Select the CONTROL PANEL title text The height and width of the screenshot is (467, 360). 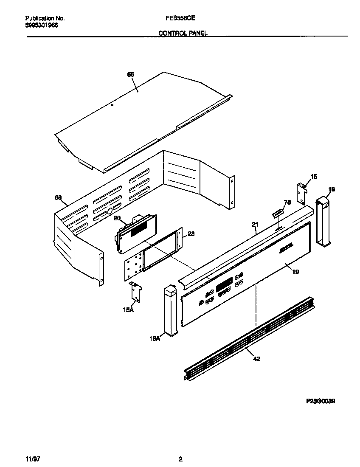183,33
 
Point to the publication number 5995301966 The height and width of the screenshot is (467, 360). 42,25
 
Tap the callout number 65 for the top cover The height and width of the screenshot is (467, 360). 131,75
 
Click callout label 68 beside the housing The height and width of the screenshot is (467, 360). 58,197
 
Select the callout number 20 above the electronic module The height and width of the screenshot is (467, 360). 117,218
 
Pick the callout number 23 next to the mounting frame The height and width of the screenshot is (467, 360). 191,233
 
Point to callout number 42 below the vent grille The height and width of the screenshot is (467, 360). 256,359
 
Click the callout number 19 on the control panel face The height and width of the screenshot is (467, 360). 295,272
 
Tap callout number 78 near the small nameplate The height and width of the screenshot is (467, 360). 287,203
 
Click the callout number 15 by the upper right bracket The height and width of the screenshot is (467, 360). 314,176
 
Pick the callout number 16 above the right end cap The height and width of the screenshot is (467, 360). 332,189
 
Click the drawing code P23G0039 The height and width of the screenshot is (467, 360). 321,401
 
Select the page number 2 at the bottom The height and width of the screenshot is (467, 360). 180,459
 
